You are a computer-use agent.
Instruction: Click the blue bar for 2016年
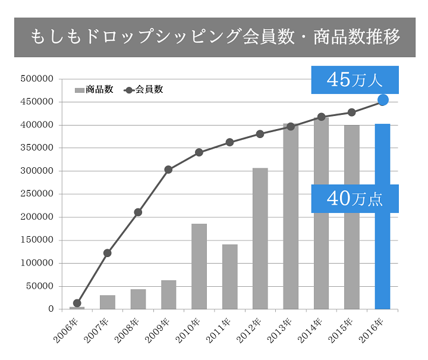(382, 262)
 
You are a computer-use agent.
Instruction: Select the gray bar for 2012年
(260, 238)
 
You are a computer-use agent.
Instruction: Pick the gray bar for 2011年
(229, 277)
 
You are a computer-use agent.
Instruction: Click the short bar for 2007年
(108, 302)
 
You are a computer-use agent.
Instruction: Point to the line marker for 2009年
(168, 170)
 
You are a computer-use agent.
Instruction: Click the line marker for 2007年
(108, 253)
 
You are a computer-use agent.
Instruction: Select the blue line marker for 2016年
(383, 100)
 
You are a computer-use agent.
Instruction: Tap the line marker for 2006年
(77, 303)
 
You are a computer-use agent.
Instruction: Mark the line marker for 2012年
(260, 134)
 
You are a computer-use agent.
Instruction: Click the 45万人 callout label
(355, 80)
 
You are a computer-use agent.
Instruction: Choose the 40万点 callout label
(355, 199)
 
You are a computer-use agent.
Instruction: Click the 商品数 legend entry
(94, 90)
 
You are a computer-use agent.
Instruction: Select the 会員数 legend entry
(144, 90)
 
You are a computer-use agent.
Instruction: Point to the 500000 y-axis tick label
(37, 79)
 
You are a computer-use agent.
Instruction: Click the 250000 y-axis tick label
(37, 194)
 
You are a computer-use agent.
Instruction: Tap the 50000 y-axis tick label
(39, 286)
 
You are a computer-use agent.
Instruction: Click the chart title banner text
(215, 37)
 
